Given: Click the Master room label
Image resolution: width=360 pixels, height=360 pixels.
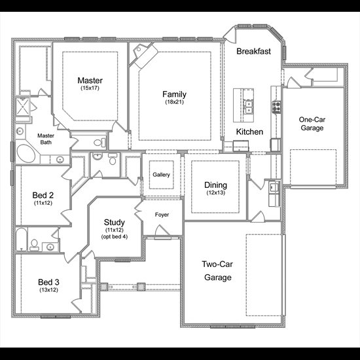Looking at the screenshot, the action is [90, 81].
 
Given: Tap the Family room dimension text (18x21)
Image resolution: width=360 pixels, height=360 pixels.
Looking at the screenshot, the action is [175, 102].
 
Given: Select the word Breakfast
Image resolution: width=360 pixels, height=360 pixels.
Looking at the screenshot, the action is [253, 51].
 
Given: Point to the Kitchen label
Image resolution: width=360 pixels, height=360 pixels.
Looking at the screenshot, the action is [249, 132].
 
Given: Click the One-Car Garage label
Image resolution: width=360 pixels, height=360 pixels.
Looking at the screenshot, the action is [312, 124].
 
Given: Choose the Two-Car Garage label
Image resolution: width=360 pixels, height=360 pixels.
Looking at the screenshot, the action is [217, 271].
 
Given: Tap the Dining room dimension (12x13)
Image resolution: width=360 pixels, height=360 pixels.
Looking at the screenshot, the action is [215, 192].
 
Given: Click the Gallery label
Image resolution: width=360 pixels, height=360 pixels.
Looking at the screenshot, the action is [161, 175].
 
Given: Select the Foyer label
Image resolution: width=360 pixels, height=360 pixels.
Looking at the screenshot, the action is [162, 215].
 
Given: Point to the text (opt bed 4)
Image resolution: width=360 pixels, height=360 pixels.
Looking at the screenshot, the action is [115, 237].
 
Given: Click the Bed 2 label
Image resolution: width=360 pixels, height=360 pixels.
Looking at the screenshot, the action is [43, 195].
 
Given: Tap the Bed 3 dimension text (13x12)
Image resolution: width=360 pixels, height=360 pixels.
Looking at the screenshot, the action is [48, 290].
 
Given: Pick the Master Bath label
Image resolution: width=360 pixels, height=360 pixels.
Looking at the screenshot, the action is [46, 139].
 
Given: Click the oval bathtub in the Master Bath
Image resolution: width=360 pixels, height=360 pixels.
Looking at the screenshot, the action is [26, 154].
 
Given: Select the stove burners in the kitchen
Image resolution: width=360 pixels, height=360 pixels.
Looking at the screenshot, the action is [276, 107].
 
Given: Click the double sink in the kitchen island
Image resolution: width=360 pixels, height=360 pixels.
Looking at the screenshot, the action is [248, 107].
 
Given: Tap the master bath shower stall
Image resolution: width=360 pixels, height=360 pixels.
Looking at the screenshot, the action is [22, 107].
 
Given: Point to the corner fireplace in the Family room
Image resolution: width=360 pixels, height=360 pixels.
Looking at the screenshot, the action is [144, 54].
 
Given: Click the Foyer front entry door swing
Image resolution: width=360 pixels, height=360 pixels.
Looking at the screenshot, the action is [162, 230].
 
